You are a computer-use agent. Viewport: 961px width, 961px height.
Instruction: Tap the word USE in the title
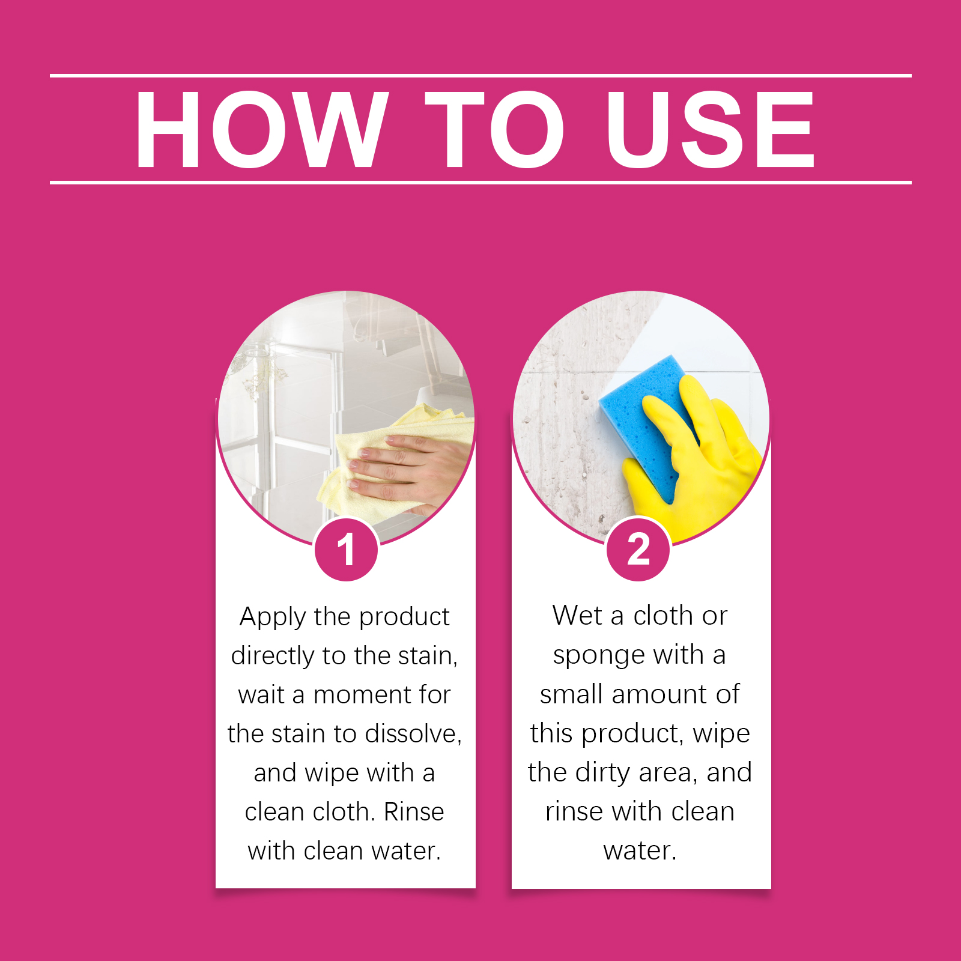[x=711, y=129]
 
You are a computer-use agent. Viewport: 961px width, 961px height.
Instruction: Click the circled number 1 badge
[x=346, y=549]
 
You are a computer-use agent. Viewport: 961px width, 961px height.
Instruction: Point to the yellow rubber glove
[x=697, y=462]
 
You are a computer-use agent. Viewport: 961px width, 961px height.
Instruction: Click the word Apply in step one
[x=273, y=617]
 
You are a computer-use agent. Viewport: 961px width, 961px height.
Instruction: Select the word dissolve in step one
[x=413, y=734]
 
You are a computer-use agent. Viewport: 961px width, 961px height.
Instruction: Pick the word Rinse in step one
[x=414, y=812]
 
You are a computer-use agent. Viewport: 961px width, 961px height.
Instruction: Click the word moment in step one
[x=362, y=696]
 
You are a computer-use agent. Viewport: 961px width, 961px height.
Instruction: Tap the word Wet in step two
[x=577, y=616]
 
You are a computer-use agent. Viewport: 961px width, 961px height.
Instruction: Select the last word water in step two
[x=640, y=851]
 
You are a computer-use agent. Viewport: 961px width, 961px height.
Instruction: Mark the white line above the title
[x=480, y=76]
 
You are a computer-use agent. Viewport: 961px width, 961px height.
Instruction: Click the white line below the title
[x=480, y=182]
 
